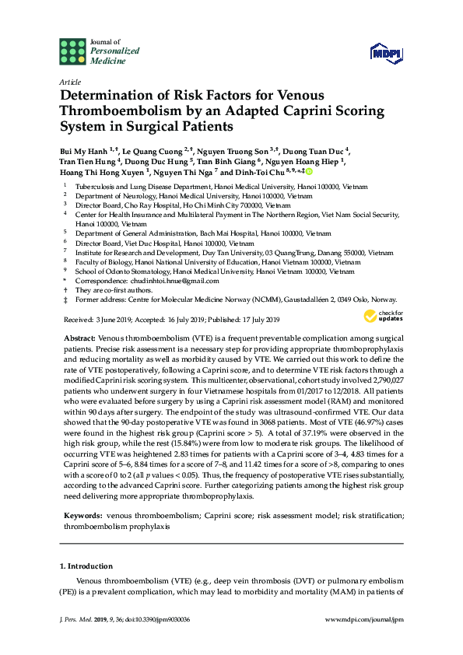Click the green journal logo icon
tap(72, 51)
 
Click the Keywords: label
tap(83, 515)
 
